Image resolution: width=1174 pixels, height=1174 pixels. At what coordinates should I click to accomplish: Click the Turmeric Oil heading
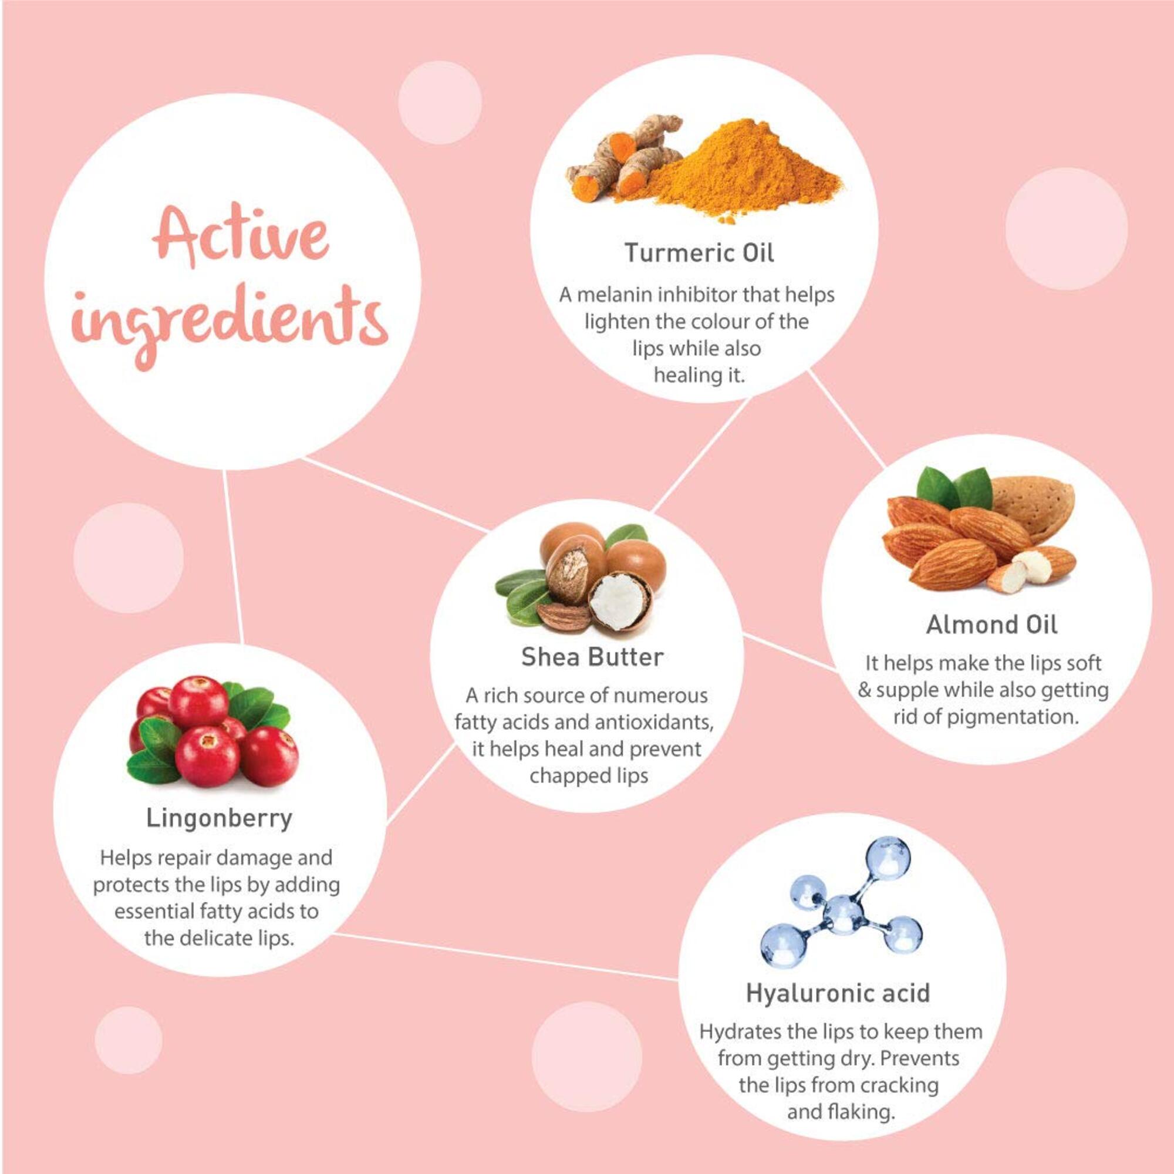coord(700,253)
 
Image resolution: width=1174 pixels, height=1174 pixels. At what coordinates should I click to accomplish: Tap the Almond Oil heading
coord(991,625)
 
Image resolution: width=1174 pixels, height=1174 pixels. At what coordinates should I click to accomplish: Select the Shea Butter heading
coord(592,657)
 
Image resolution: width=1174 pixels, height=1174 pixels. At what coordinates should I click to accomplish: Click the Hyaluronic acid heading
coord(838,994)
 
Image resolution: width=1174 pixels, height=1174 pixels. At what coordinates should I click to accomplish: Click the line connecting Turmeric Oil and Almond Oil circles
coord(846,420)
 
